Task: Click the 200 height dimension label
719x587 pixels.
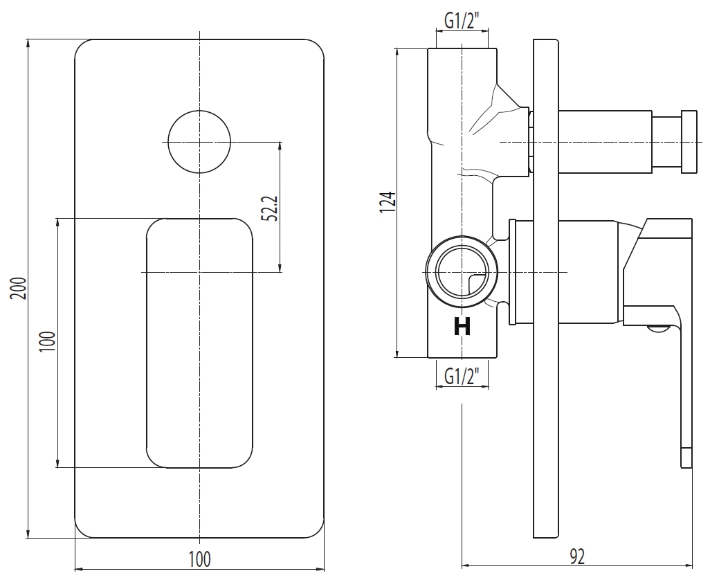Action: (19, 288)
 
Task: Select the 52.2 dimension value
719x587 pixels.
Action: (270, 208)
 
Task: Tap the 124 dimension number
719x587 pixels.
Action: (387, 202)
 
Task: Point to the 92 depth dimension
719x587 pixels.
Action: (577, 557)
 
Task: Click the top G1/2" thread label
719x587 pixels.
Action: (462, 21)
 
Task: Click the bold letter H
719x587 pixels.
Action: (462, 327)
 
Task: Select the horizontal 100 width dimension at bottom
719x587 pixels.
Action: (200, 559)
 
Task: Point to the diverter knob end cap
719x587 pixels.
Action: (689, 142)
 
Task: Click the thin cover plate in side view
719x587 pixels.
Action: (546, 289)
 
